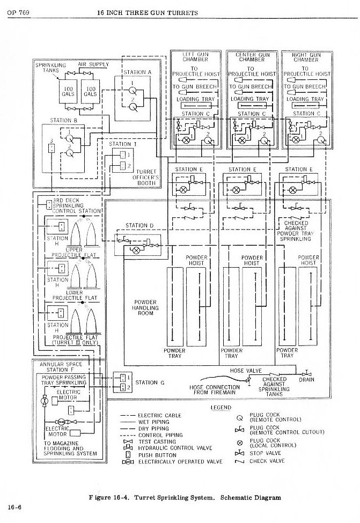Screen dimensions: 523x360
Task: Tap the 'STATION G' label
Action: pos(146,382)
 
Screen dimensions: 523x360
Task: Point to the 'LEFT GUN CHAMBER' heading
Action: pos(195,57)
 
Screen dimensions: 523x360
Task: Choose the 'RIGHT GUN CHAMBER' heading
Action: pos(306,57)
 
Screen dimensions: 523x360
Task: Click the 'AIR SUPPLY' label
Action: pos(93,64)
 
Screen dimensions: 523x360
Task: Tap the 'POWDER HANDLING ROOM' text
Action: pos(145,307)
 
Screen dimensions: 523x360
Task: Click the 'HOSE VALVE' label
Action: pos(244,371)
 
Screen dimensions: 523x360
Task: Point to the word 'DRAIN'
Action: pos(306,380)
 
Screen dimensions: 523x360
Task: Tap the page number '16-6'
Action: pos(14,506)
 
